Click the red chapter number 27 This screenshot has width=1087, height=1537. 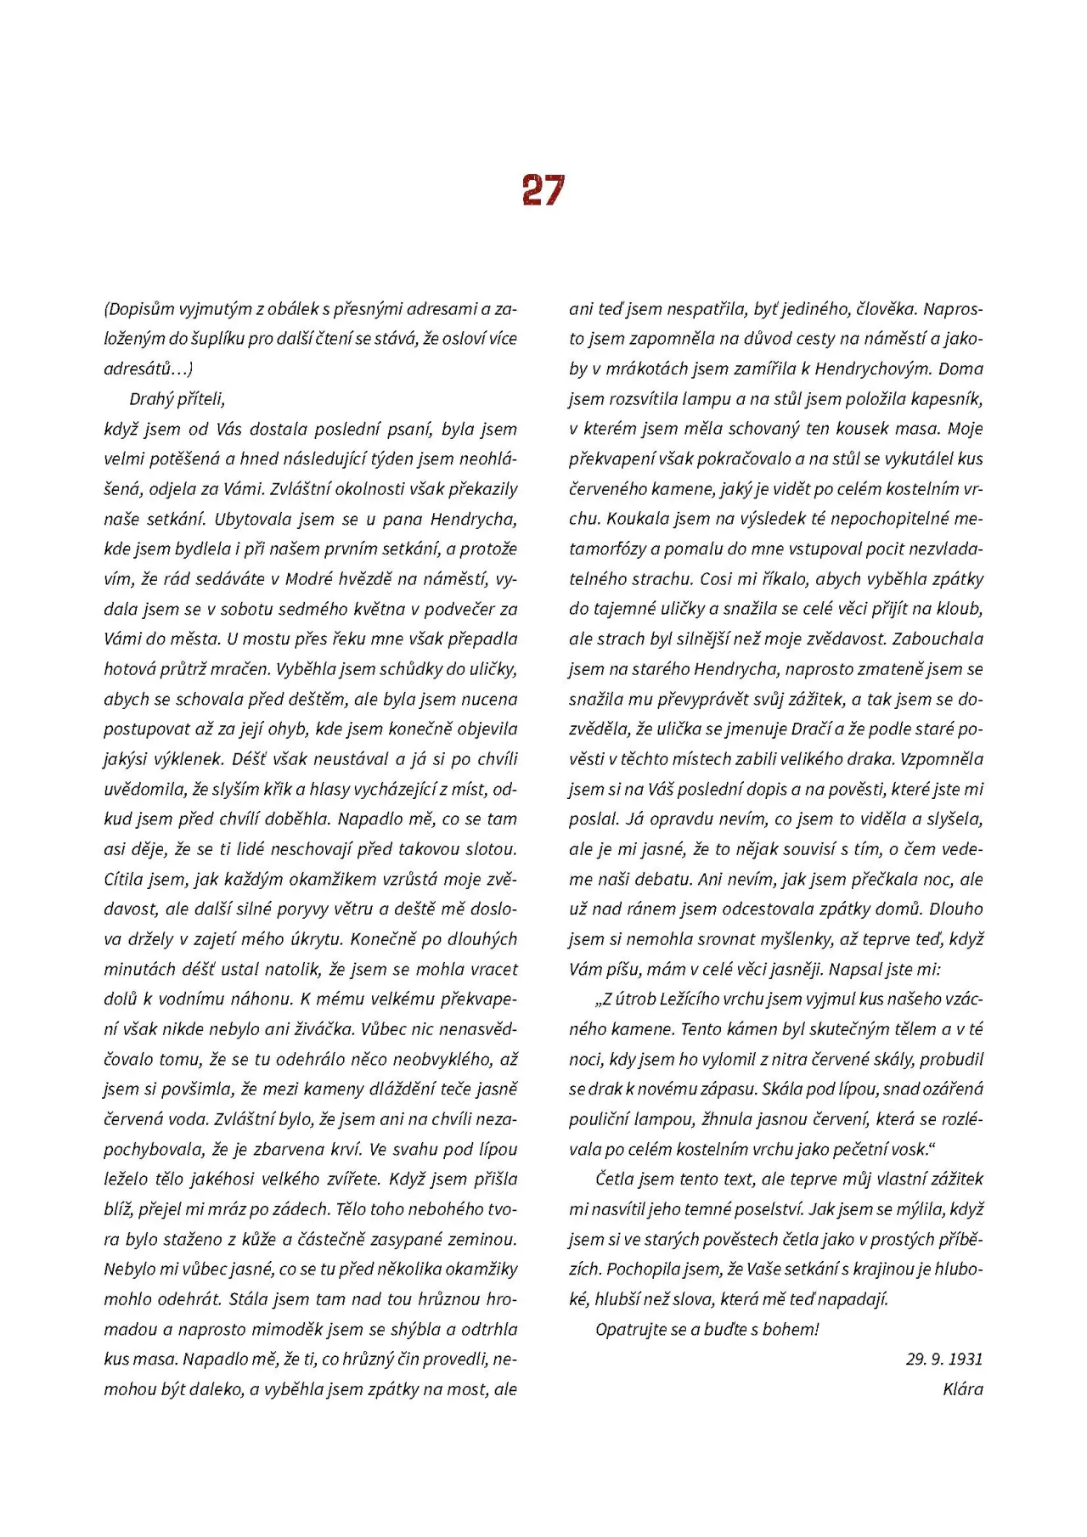coord(543,190)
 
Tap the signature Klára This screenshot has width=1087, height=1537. coord(962,1389)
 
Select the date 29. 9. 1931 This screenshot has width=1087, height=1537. coord(943,1359)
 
